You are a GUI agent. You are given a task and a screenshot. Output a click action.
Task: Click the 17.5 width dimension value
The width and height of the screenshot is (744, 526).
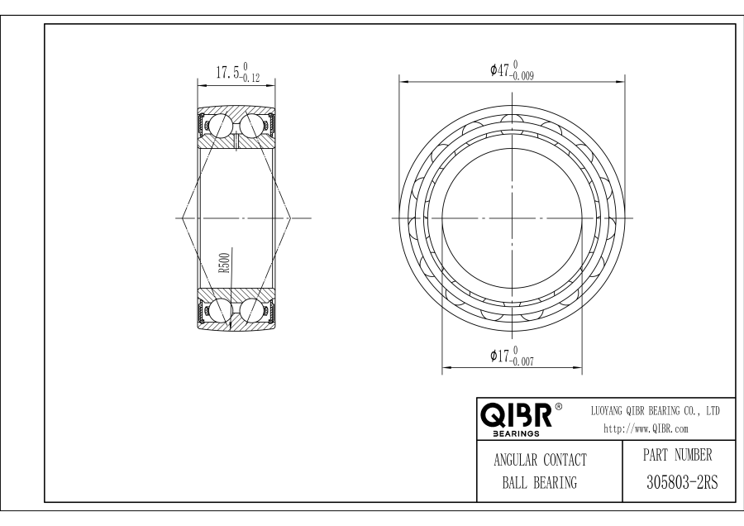227,73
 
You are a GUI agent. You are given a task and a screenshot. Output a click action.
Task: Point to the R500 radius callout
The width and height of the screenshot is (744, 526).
224,263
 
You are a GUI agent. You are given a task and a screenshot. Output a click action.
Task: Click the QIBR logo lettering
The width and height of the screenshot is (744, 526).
516,415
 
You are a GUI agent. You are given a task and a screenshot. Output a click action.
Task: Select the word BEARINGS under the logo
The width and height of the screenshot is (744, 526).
516,433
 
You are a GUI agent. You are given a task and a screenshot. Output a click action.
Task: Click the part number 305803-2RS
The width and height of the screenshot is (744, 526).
682,482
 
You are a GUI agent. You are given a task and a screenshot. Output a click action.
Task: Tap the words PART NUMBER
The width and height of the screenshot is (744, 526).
678,455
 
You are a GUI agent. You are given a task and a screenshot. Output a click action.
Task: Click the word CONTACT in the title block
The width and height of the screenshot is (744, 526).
565,460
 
